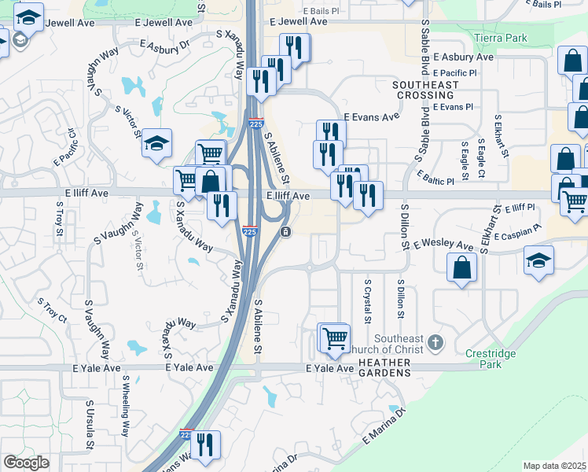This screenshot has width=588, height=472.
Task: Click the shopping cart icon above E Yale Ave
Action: coord(335,337)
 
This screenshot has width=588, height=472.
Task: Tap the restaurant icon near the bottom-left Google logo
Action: coord(205,444)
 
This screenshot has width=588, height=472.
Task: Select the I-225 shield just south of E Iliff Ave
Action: coord(250,232)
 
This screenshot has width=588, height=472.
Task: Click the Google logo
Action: coord(25,463)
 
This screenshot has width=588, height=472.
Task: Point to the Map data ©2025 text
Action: coord(553,466)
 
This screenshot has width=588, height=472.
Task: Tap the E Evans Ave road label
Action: coord(371,116)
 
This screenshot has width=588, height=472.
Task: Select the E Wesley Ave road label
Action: coord(443,245)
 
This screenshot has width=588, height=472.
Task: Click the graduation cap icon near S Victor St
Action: coord(157,142)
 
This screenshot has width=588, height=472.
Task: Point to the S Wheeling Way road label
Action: coord(126,406)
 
